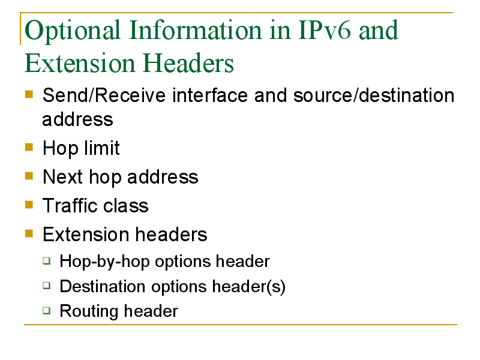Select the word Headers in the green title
click(188, 63)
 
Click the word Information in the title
click(196, 30)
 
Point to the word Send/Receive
click(104, 95)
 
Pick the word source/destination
click(374, 95)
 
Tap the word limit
click(102, 148)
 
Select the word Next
click(63, 177)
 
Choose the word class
click(126, 205)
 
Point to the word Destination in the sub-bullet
click(103, 287)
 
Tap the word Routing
click(89, 311)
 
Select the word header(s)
click(249, 287)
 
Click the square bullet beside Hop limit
click(29, 147)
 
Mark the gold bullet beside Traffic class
click(29, 205)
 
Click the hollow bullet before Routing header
click(47, 310)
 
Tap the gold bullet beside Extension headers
click(29, 233)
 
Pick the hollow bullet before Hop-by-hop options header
click(47, 260)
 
